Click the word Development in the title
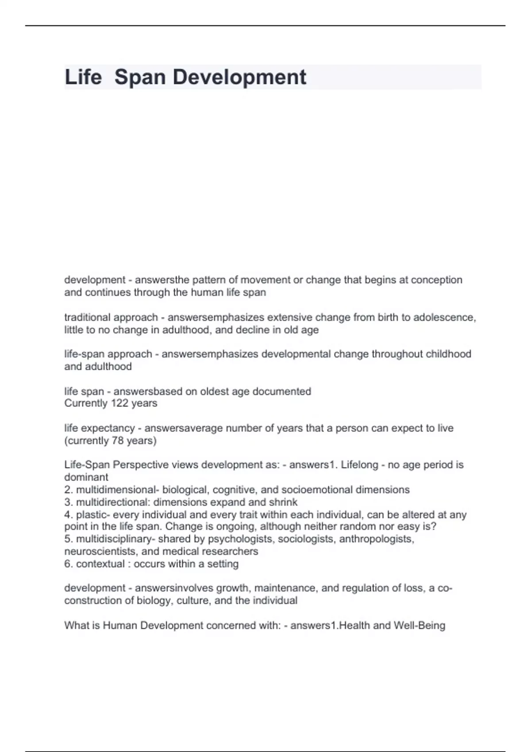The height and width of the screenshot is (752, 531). click(239, 77)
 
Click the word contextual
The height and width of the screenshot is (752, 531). click(100, 564)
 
